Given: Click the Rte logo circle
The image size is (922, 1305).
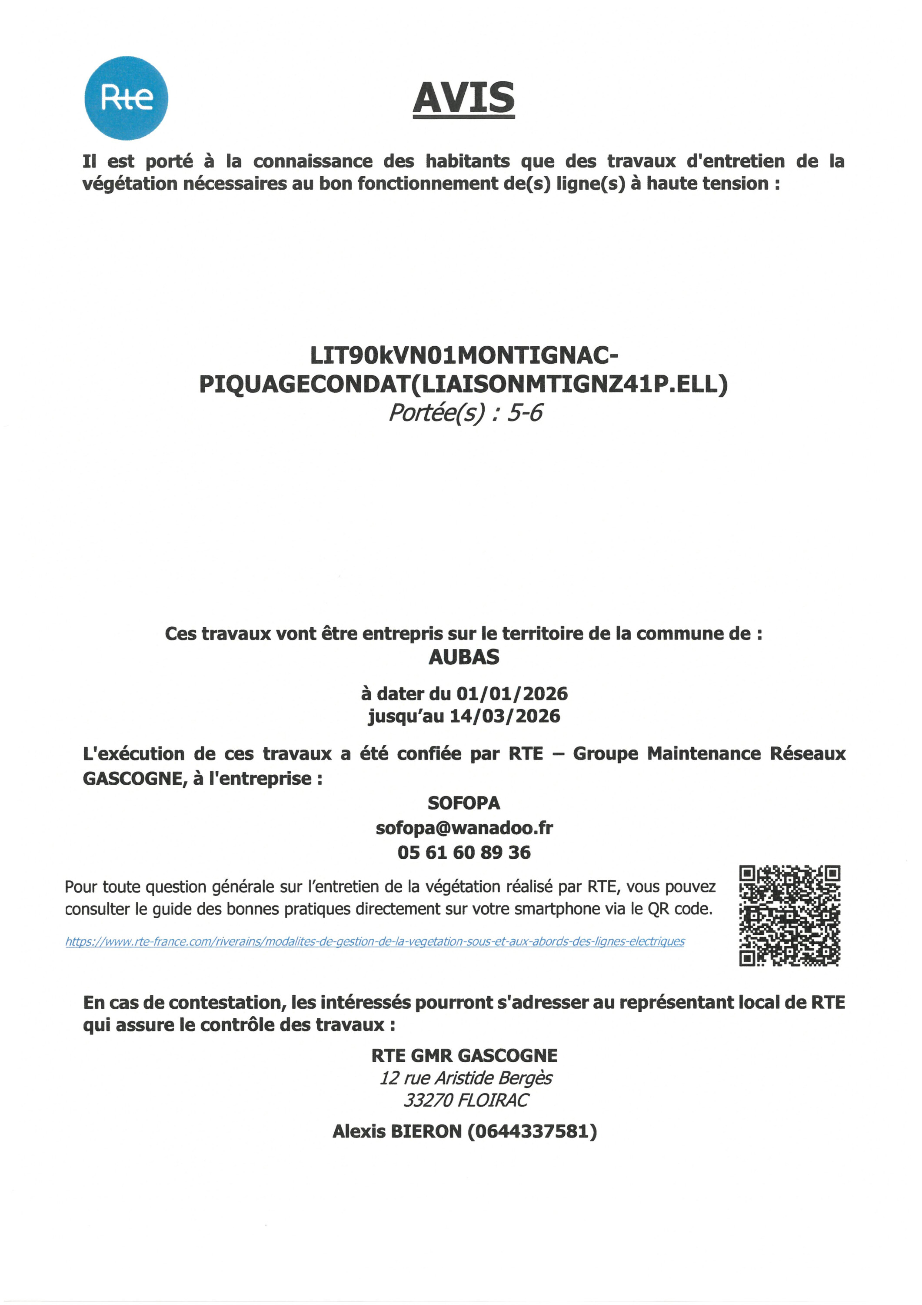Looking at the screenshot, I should pyautogui.click(x=126, y=98).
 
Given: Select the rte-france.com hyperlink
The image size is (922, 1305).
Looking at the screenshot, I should pyautogui.click(x=375, y=942).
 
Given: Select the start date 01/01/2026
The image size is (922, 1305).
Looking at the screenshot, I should pyautogui.click(x=512, y=694).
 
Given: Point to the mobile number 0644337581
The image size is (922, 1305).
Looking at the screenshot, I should pyautogui.click(x=533, y=1131).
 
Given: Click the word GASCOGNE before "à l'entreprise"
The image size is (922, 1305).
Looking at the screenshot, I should pyautogui.click(x=134, y=779).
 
